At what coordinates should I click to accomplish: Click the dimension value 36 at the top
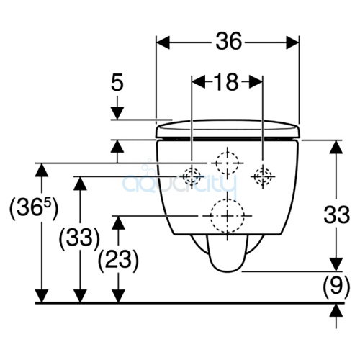click(x=228, y=42)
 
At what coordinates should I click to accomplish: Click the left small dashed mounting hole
click(x=192, y=175)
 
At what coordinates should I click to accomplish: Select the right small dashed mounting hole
click(x=262, y=175)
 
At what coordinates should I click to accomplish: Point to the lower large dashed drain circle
click(x=227, y=215)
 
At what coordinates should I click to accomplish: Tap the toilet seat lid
click(x=228, y=128)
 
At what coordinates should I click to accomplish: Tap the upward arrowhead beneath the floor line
click(x=334, y=310)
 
